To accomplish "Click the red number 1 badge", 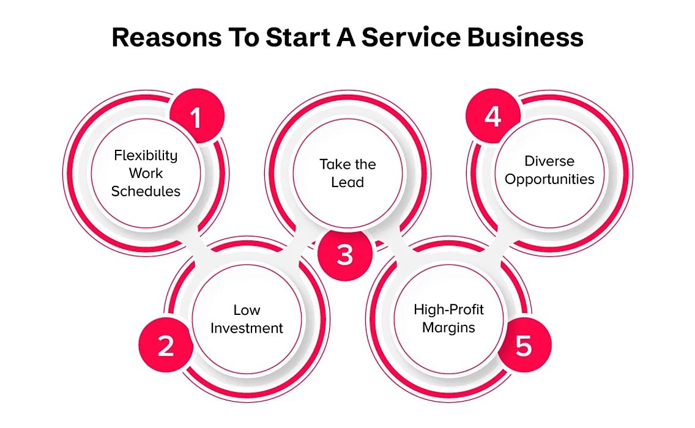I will (x=197, y=116).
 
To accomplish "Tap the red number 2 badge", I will (x=166, y=345).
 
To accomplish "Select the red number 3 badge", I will (x=345, y=254).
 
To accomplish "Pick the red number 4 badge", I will (x=493, y=116).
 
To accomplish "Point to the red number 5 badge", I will (x=524, y=345).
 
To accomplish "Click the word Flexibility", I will (x=146, y=155).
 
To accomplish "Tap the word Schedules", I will (x=146, y=191).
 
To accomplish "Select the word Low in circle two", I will (x=247, y=310).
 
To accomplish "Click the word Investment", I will (x=247, y=328).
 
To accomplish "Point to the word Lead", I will (x=347, y=182).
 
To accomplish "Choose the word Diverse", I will (x=549, y=161).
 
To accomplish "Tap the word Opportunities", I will (x=549, y=180).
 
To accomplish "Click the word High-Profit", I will (x=448, y=309).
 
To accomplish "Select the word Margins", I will (x=448, y=328).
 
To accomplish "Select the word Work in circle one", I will (x=146, y=173).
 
